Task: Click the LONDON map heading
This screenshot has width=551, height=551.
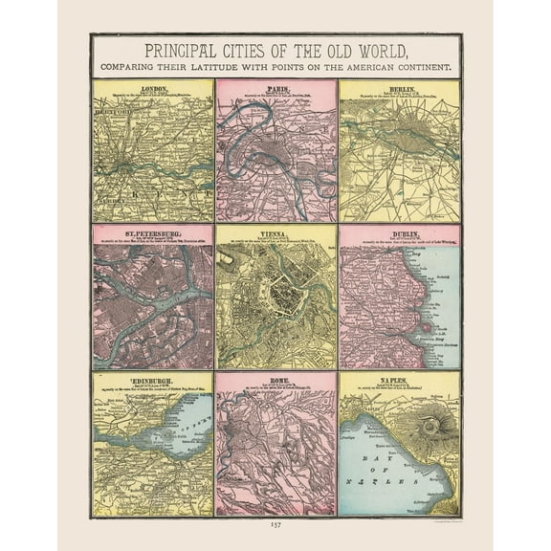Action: (153, 88)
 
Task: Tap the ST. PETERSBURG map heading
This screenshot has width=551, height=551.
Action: (153, 231)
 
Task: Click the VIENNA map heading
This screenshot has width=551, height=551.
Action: (275, 231)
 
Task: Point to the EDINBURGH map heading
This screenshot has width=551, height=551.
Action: (153, 377)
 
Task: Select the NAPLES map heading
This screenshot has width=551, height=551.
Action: (399, 377)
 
